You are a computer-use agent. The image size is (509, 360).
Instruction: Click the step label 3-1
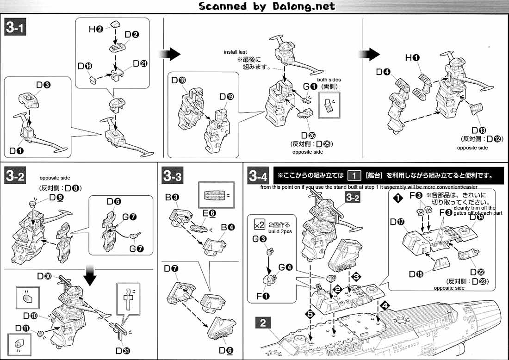click(x=15, y=28)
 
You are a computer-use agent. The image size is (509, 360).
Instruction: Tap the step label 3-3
click(x=173, y=176)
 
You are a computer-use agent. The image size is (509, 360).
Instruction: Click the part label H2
click(x=96, y=29)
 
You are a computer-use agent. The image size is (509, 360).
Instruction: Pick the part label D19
click(x=227, y=97)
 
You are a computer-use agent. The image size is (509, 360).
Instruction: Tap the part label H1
click(x=412, y=58)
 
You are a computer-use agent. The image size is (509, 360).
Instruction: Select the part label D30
click(x=44, y=276)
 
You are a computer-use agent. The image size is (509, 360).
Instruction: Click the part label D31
click(x=123, y=350)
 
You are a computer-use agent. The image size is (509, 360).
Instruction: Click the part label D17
click(x=397, y=222)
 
